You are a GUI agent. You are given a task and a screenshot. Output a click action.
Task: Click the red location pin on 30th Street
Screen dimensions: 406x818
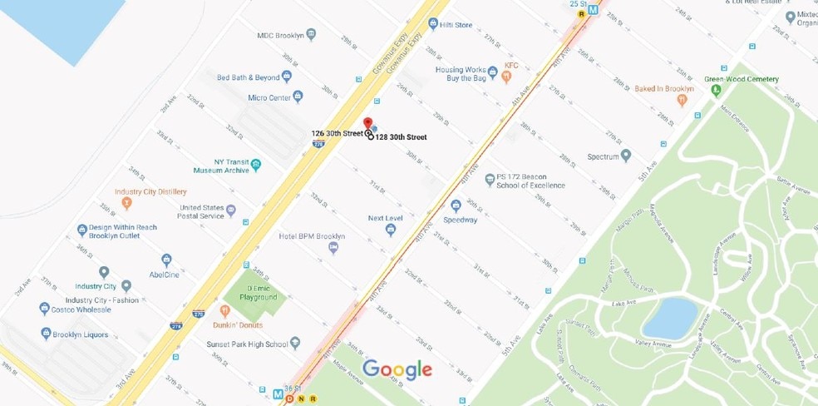pyautogui.click(x=367, y=123)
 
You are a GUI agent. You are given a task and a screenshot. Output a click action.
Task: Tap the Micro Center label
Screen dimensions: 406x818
pyautogui.click(x=269, y=98)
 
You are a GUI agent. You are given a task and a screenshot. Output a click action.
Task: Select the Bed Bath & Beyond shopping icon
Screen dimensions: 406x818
pyautogui.click(x=287, y=77)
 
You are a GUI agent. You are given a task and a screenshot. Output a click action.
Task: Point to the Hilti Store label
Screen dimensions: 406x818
pyautogui.click(x=456, y=26)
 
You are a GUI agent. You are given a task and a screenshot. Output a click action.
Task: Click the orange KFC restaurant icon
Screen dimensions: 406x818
pyautogui.click(x=506, y=77)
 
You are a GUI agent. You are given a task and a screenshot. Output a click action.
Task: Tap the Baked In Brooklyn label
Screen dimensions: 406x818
pyautogui.click(x=663, y=88)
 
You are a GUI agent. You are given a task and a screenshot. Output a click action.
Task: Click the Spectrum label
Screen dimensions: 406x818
pyautogui.click(x=603, y=156)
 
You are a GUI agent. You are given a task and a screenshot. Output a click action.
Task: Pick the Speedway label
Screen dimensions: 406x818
pyautogui.click(x=460, y=220)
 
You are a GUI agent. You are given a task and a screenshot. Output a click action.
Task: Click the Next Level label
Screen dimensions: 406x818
pyautogui.click(x=386, y=219)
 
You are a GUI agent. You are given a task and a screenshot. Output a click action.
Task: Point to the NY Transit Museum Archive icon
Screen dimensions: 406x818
pyautogui.click(x=256, y=163)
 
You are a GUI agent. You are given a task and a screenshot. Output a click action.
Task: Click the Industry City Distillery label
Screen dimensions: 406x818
pyautogui.click(x=150, y=192)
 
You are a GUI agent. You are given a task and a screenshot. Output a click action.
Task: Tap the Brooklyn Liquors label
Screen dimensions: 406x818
pyautogui.click(x=80, y=334)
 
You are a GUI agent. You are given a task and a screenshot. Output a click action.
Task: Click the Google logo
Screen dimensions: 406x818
pyautogui.click(x=397, y=369)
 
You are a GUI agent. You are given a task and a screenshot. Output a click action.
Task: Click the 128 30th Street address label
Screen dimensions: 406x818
pyautogui.click(x=401, y=137)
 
